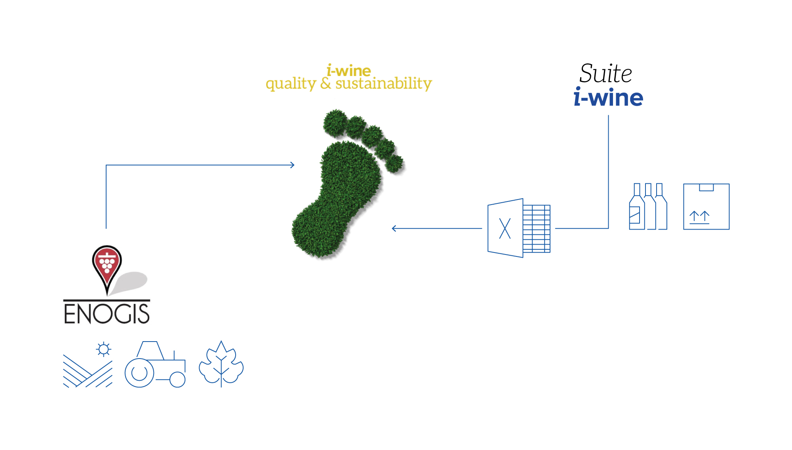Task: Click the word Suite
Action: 605,74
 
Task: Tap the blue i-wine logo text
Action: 608,97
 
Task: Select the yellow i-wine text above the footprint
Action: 348,70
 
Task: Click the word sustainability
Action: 383,84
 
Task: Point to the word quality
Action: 291,84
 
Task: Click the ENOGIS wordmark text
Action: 107,314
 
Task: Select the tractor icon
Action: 155,364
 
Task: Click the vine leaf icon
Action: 221,364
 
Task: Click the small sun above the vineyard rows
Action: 104,349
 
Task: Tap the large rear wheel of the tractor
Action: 139,373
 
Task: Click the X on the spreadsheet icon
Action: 505,228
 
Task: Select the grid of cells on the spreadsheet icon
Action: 537,229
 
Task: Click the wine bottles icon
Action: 648,206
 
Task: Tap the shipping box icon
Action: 706,206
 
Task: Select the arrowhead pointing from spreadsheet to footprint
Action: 394,228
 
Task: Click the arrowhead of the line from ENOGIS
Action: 292,165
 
